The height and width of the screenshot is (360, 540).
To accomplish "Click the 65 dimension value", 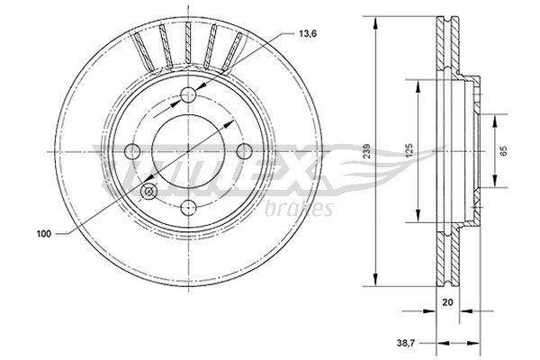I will pyautogui.click(x=504, y=150).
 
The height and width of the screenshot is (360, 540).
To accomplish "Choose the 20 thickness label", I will pyautogui.click(x=447, y=304).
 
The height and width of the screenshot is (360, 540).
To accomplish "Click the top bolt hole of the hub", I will pyautogui.click(x=189, y=96).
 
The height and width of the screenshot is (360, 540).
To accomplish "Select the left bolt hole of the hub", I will pyautogui.click(x=133, y=151).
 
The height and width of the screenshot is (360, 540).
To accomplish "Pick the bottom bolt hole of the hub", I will pyautogui.click(x=189, y=207).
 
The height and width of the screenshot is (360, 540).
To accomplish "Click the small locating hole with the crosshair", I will pyautogui.click(x=149, y=191).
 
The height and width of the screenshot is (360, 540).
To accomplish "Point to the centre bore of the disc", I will pyautogui.click(x=189, y=151).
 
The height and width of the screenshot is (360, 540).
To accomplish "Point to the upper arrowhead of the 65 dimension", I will pyautogui.click(x=496, y=119).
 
